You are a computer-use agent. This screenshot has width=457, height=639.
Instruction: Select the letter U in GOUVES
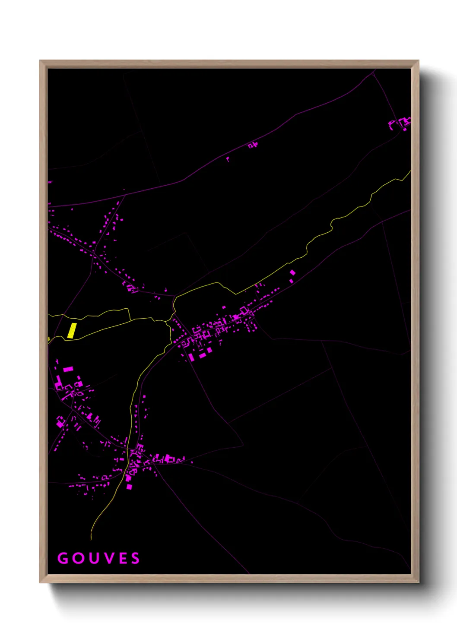pyautogui.click(x=94, y=558)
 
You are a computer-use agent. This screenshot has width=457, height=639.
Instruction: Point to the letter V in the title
pyautogui.click(x=109, y=558)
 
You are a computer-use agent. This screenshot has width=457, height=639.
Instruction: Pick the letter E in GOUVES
pyautogui.click(x=123, y=558)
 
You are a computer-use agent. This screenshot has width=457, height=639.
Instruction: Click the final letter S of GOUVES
pyautogui.click(x=136, y=558)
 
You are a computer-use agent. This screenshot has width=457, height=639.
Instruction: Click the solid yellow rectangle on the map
pyautogui.click(x=72, y=330)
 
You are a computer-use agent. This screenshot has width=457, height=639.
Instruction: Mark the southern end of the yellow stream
pyautogui.click(x=91, y=539)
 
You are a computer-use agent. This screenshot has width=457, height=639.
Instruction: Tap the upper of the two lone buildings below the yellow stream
pyautogui.click(x=292, y=272)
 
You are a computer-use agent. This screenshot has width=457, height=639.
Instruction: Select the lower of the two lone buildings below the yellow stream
pyautogui.click(x=291, y=281)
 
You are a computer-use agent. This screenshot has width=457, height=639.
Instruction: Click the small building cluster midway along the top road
pyautogui.click(x=253, y=145)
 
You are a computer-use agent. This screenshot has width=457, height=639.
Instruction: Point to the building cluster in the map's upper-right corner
pyautogui.click(x=401, y=123)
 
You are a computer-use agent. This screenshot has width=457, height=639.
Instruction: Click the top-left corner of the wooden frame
pyautogui.click(x=40, y=61)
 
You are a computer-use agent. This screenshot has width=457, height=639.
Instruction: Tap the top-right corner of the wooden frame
pyautogui.click(x=419, y=61)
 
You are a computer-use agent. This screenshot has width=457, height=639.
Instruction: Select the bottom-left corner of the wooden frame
pyautogui.click(x=40, y=582)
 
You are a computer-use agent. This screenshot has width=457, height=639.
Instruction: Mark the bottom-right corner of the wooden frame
pyautogui.click(x=419, y=582)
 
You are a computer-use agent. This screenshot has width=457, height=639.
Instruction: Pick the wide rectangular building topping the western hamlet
pyautogui.click(x=68, y=369)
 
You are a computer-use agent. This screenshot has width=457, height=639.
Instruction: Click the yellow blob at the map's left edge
pyautogui.click(x=48, y=339)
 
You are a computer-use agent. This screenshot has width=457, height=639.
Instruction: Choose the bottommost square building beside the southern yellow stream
pyautogui.click(x=129, y=487)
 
